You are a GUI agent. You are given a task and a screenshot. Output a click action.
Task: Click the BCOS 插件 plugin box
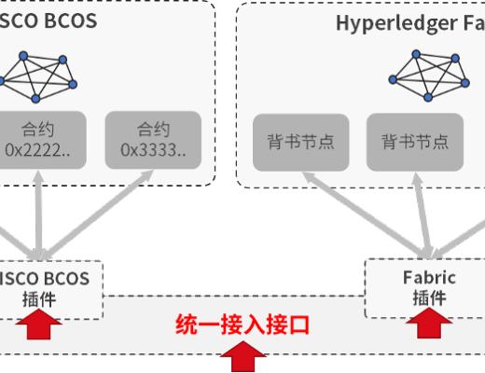(47, 287)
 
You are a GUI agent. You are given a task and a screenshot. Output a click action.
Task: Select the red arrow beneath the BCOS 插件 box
(40, 326)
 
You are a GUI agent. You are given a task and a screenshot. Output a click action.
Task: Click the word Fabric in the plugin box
(429, 277)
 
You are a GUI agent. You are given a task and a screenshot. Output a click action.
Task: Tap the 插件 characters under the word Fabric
(429, 297)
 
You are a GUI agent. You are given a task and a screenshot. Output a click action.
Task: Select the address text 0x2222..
(39, 150)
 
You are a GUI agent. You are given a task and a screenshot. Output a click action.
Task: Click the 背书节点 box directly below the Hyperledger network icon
(414, 142)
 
